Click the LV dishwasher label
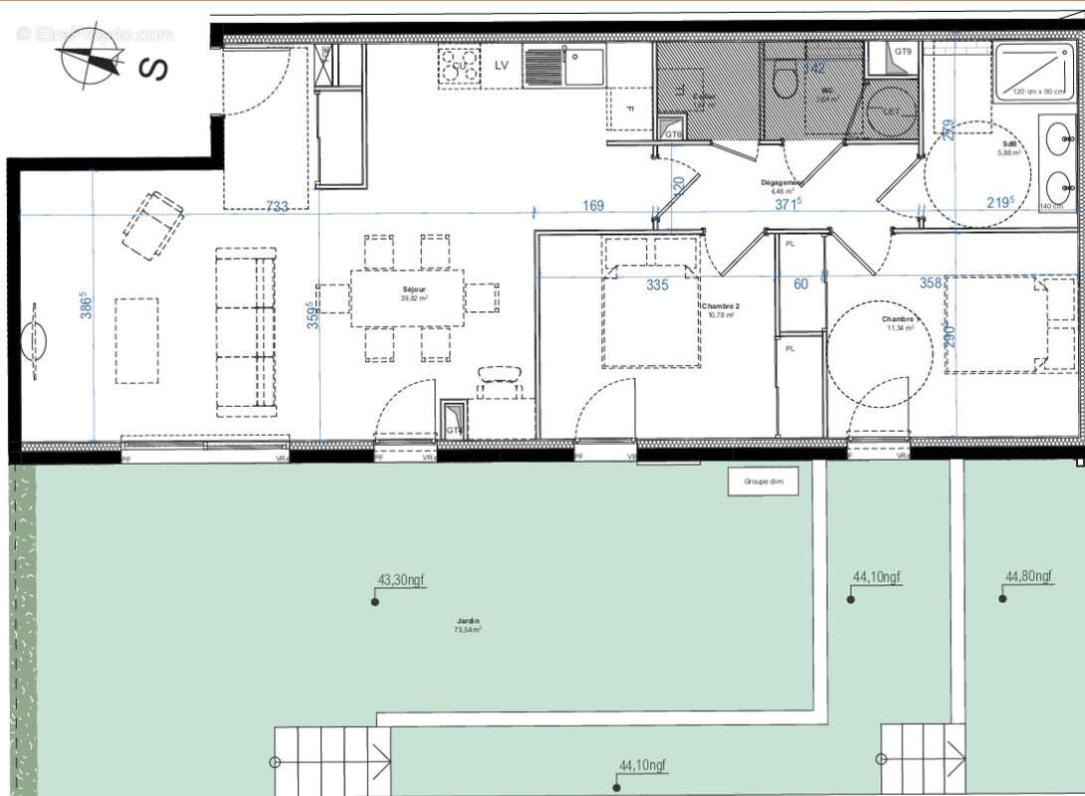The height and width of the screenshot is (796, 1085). pos(504,67)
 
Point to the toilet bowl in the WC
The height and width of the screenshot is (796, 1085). pos(784,81)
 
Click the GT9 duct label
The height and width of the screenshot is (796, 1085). pos(903,51)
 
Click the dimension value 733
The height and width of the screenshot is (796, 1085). pos(277,206)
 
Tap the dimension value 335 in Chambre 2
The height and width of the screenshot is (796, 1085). pos(657,285)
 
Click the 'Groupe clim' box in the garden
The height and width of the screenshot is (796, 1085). pos(763,481)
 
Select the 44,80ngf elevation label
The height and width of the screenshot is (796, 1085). pos(1029,576)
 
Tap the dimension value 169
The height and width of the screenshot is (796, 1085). pos(593,206)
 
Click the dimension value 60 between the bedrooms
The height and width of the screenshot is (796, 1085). pos(801,285)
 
